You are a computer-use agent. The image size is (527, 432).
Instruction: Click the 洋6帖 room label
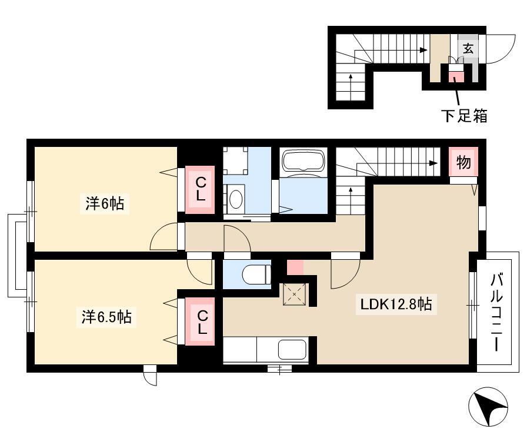(x=105, y=203)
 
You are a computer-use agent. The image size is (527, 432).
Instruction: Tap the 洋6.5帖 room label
(x=106, y=317)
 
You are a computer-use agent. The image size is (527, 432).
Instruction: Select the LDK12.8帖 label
(x=396, y=304)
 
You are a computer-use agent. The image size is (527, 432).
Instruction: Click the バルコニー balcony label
(x=498, y=313)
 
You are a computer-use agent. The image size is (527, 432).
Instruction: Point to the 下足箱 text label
(x=464, y=116)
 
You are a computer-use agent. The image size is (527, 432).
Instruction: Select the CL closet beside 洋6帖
(x=201, y=189)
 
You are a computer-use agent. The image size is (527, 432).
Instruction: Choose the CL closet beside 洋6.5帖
(x=201, y=322)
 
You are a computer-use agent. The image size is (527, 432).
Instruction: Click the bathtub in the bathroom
(x=304, y=163)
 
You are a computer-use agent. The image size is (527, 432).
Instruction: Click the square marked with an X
(x=295, y=294)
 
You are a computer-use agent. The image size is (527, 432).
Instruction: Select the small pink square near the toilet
(x=295, y=267)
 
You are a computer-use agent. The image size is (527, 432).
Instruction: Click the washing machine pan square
(x=236, y=160)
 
